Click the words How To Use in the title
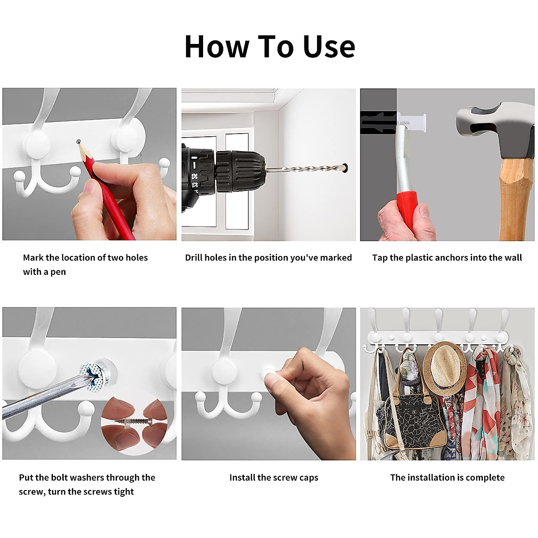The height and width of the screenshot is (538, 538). (x=270, y=46)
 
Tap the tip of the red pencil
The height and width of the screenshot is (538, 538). (x=78, y=142)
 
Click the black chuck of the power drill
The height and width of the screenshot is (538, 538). (x=240, y=171)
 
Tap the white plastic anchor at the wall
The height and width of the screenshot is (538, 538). (x=412, y=122)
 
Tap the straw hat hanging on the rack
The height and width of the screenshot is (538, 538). (x=444, y=368)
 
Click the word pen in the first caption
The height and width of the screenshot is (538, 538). (x=58, y=272)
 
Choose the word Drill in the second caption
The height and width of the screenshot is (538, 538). (x=194, y=257)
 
